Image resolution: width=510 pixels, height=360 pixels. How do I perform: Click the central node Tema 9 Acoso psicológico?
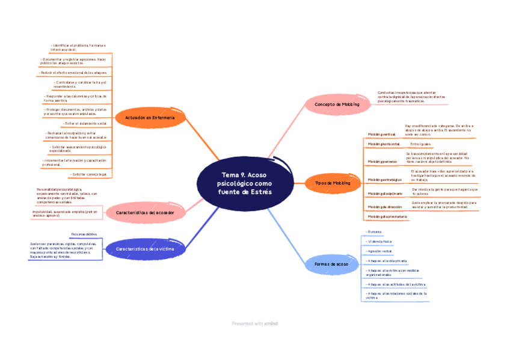[245, 183]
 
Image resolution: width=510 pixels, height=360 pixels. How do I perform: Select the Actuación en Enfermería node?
[150, 118]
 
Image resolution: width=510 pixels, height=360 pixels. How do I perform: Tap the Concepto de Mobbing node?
[337, 105]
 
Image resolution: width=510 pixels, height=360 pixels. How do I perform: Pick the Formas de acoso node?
[331, 264]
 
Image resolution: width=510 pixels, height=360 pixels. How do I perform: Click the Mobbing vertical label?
[381, 134]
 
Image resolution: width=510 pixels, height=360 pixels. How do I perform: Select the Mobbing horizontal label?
[384, 144]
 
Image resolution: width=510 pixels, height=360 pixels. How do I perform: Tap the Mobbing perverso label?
[382, 162]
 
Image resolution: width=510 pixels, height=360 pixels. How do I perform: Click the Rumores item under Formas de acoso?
[375, 231]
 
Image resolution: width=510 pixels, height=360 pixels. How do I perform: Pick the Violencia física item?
[379, 241]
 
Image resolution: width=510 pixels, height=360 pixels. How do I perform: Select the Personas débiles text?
[84, 234]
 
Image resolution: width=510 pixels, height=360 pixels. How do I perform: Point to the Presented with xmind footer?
[255, 324]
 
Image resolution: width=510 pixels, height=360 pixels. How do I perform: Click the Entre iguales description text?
[420, 144]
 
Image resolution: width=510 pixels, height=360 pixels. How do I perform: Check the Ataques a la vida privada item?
[387, 261]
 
